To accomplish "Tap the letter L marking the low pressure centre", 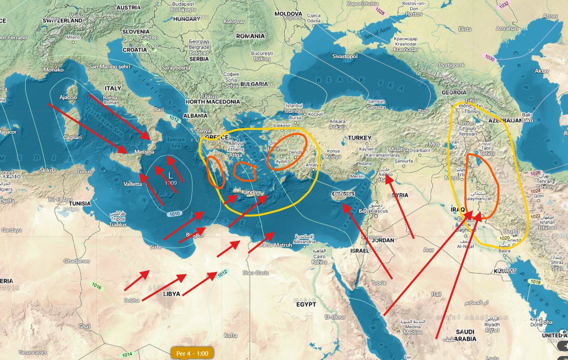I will [x=170, y=175].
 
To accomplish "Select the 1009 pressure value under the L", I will [x=171, y=182].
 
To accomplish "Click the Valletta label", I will [x=132, y=184].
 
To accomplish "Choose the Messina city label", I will [x=144, y=152].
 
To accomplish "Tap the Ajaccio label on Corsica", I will [x=68, y=98].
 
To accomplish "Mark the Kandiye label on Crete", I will [x=251, y=192].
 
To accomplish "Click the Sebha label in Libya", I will [x=132, y=300].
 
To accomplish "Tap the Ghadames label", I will [x=76, y=261].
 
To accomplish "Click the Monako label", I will [x=53, y=70].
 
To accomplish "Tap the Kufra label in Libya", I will [x=231, y=335].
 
